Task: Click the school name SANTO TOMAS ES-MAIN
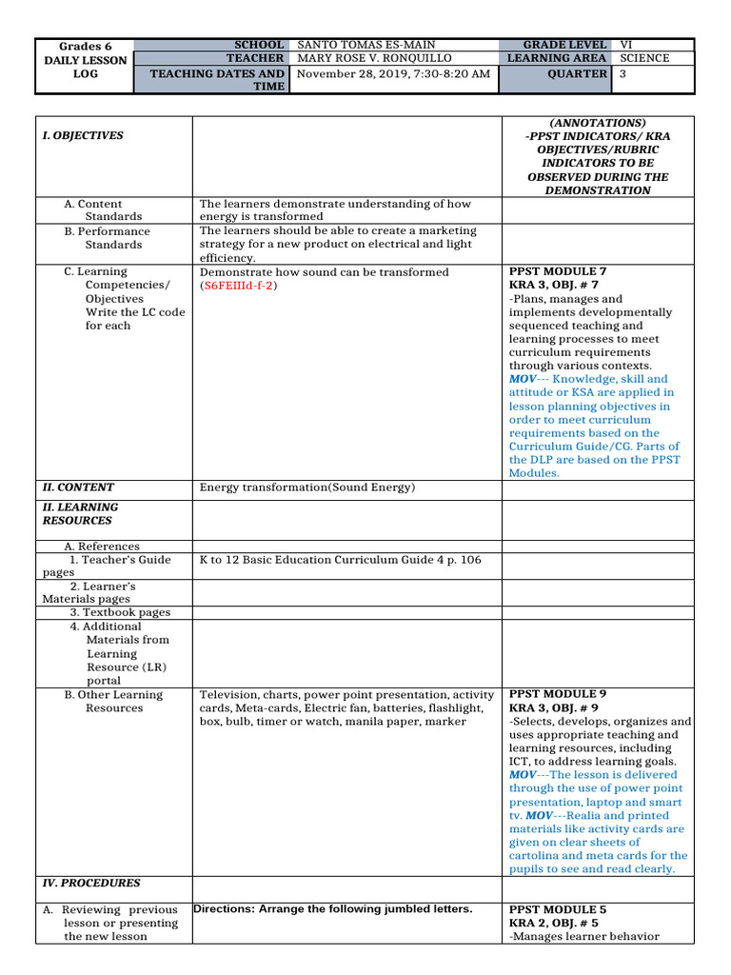(366, 45)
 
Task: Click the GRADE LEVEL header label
(564, 45)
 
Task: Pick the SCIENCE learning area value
(644, 59)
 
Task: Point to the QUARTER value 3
(624, 73)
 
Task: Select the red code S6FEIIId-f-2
(237, 286)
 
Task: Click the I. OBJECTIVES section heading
(83, 136)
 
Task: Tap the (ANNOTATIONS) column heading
(598, 123)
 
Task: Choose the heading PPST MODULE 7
(558, 271)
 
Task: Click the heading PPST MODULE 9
(558, 694)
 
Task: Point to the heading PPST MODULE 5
(558, 909)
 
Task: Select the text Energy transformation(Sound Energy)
(307, 487)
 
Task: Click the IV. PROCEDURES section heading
(91, 883)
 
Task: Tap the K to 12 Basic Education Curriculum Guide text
(341, 560)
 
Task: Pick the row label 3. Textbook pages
(120, 613)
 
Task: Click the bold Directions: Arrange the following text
(332, 909)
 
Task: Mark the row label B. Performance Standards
(108, 238)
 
